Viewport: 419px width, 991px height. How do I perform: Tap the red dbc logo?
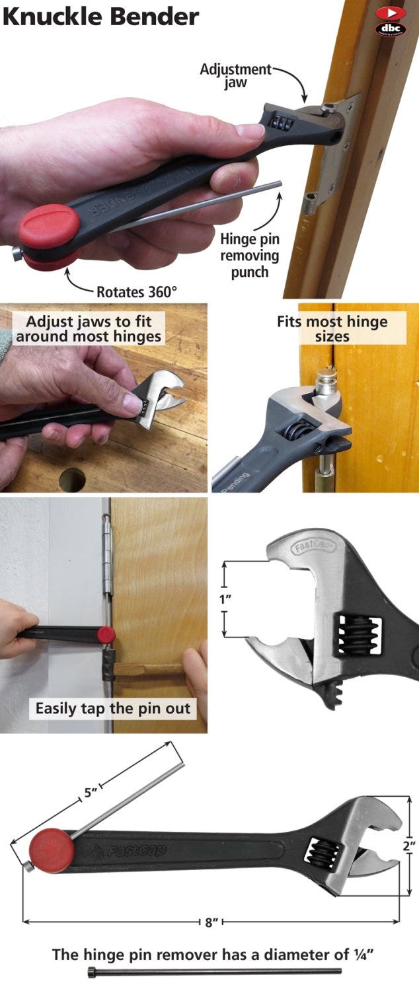click(390, 21)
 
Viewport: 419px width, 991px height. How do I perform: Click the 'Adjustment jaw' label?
click(236, 76)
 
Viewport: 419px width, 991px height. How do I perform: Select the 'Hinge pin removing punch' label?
click(250, 255)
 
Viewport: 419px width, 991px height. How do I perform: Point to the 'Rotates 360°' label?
click(137, 291)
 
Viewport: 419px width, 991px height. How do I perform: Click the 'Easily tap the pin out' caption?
click(112, 709)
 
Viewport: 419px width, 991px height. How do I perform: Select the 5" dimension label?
click(91, 793)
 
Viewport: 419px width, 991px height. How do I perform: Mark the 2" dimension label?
click(409, 845)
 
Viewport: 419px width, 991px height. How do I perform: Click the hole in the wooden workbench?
click(72, 478)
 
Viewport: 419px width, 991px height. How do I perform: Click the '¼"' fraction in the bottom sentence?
click(358, 954)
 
